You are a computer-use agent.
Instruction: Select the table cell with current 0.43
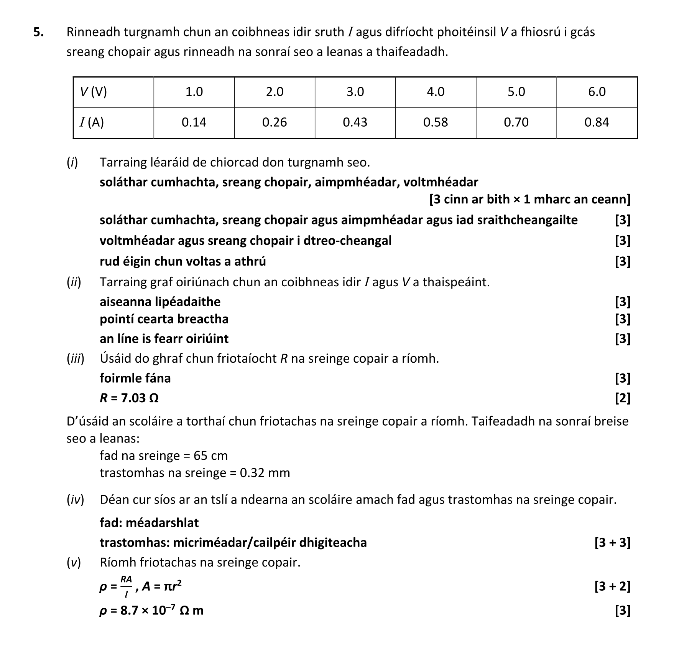tap(355, 122)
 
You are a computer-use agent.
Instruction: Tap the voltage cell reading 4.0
tap(436, 92)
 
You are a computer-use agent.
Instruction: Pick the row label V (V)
tap(94, 92)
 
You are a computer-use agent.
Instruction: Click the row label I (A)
tap(92, 122)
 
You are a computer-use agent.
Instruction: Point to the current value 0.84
tap(597, 122)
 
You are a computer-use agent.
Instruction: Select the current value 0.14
tap(194, 122)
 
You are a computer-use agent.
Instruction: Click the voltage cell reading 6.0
tap(597, 92)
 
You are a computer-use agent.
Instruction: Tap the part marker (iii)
tap(76, 358)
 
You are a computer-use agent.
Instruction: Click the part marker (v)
tap(74, 563)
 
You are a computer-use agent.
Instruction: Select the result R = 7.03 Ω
tap(129, 398)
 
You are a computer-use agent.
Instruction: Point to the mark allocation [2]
tap(622, 398)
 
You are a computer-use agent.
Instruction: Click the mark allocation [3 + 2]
tap(612, 586)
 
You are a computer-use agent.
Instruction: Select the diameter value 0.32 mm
tap(265, 473)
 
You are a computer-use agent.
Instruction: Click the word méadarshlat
tap(162, 523)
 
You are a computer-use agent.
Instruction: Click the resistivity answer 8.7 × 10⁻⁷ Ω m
tap(162, 610)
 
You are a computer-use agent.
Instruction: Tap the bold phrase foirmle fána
tap(135, 378)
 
